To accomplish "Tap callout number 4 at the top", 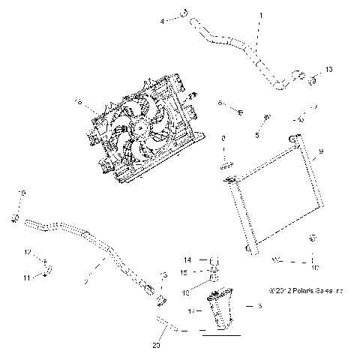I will pyautogui.click(x=162, y=21).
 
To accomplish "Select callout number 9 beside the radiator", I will pyautogui.click(x=320, y=152).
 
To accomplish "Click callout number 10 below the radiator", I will pyautogui.click(x=314, y=266).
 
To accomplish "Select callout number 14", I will pyautogui.click(x=189, y=259).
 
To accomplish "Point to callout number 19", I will pyautogui.click(x=22, y=193).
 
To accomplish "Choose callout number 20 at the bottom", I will pyautogui.click(x=156, y=345).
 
